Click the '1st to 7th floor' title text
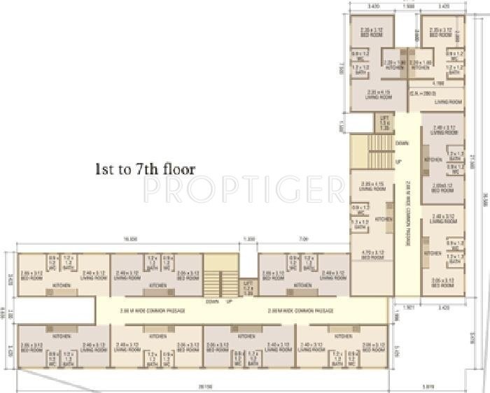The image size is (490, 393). click(145, 169)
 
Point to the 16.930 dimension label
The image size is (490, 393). click(127, 239)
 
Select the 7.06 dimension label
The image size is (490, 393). click(304, 239)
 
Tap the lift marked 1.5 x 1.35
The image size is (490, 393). click(383, 123)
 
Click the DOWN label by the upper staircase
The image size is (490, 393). click(402, 143)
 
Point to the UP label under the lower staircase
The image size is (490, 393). click(228, 301)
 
